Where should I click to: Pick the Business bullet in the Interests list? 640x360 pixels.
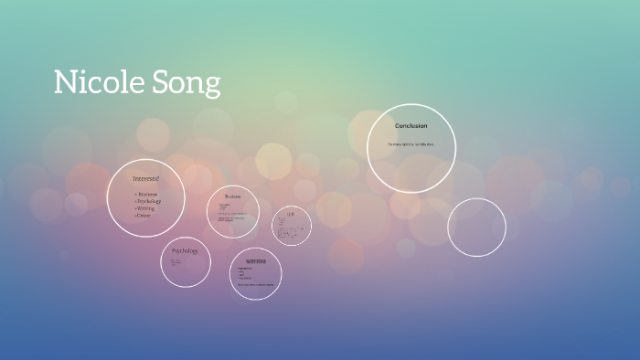coord(146,195)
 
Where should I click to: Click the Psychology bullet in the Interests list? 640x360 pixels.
coord(148,201)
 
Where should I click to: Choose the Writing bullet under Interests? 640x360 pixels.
coord(146,208)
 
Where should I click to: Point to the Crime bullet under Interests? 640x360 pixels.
coord(144,215)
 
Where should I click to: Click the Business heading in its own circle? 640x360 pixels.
coord(232,196)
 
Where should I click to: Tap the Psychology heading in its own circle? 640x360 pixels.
coord(185,250)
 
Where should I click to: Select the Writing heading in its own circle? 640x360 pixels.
coord(255,261)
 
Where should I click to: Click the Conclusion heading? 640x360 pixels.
coord(411,125)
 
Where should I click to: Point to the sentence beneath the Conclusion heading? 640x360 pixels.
coord(411,144)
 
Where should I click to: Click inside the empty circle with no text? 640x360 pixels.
coord(476,228)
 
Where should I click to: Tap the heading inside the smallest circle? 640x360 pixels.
coord(291,214)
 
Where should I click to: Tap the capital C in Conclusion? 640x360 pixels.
coord(397,125)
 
